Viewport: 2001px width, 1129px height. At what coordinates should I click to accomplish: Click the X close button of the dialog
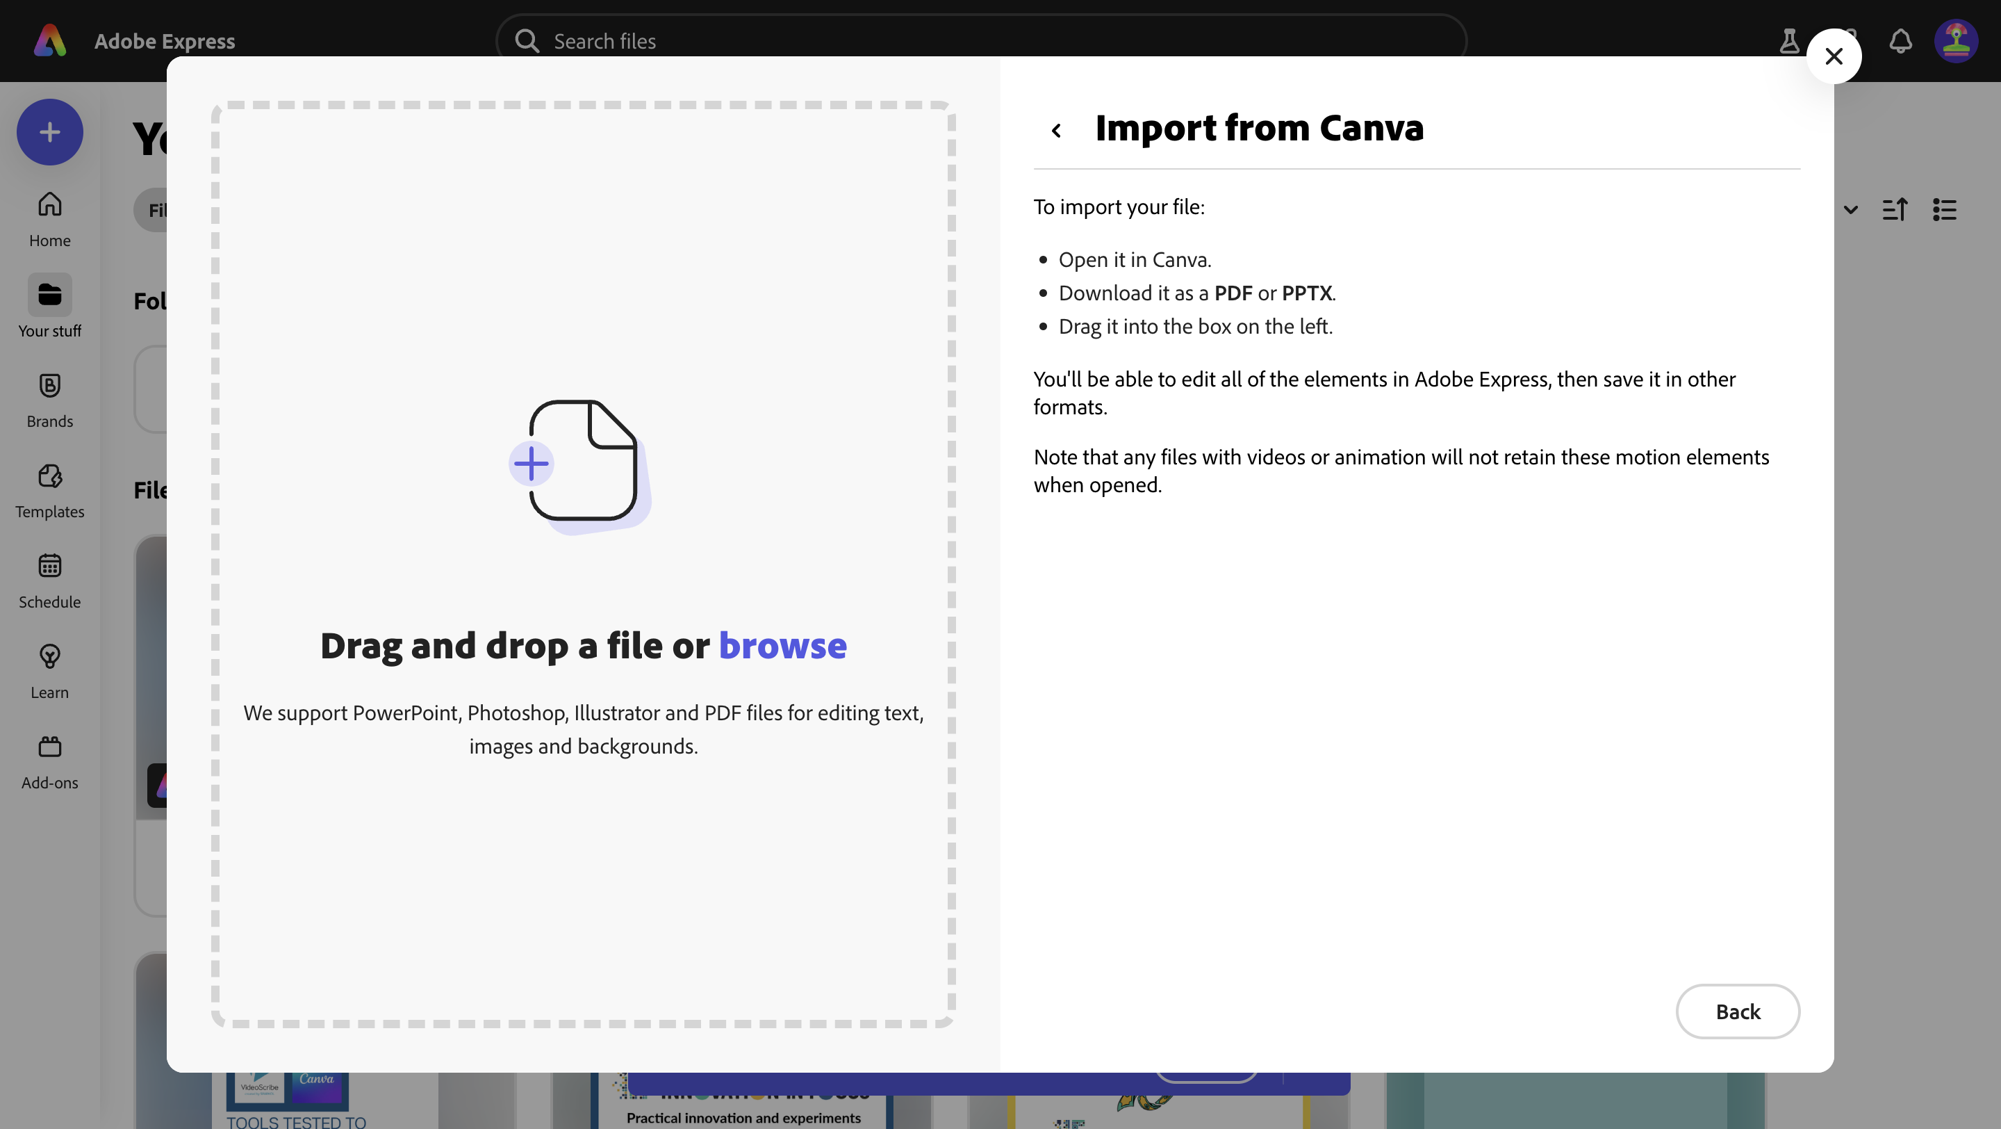coord(1834,56)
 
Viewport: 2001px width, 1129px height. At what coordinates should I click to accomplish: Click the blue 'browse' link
coord(782,645)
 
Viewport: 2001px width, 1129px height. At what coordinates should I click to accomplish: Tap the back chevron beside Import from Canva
coord(1056,131)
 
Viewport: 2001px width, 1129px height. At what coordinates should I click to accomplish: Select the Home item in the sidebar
coord(50,218)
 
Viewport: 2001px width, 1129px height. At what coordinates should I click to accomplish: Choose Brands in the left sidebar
coord(50,399)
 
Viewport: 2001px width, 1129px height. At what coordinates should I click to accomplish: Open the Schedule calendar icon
coord(50,580)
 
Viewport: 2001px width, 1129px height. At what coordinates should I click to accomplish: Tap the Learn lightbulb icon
coord(50,669)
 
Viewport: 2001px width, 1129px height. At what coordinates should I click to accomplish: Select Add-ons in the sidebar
coord(50,761)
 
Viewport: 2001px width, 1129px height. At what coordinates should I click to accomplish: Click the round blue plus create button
coord(50,132)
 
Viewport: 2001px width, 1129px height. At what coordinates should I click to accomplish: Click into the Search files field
coord(979,41)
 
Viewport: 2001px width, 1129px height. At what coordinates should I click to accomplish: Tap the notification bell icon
coord(1900,41)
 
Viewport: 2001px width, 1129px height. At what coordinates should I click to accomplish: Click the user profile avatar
coord(1955,41)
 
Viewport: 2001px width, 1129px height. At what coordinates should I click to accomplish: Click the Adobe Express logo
coord(50,40)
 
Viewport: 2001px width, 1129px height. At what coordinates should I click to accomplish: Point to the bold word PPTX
coord(1306,293)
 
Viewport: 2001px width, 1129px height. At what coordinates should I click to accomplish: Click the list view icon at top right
coord(1944,210)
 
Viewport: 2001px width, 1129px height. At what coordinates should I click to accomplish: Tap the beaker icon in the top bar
coord(1789,41)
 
